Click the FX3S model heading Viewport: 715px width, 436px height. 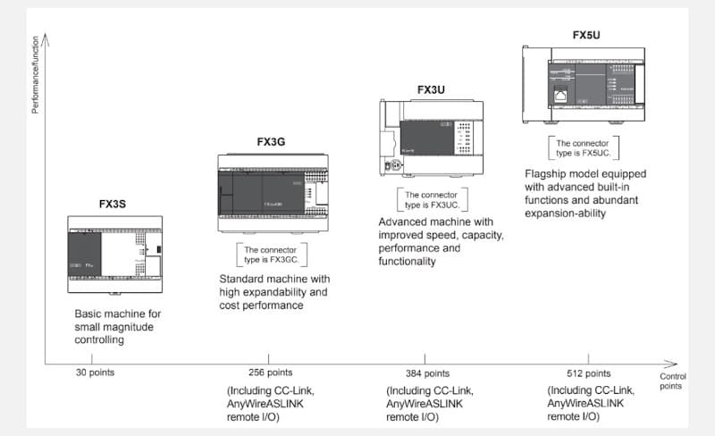pyautogui.click(x=113, y=204)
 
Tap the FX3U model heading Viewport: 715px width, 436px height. pyautogui.click(x=431, y=89)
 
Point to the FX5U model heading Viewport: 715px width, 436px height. pyautogui.click(x=586, y=35)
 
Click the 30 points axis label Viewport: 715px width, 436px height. pyautogui.click(x=95, y=373)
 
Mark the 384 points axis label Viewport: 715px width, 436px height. pyautogui.click(x=428, y=373)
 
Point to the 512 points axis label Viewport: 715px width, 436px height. pyautogui.click(x=588, y=373)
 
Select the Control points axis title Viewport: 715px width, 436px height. pyautogui.click(x=673, y=381)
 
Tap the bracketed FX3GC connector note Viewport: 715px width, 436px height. pyautogui.click(x=272, y=255)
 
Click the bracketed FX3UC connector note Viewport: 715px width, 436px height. pyautogui.click(x=433, y=199)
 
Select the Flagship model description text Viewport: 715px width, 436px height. pyautogui.click(x=585, y=193)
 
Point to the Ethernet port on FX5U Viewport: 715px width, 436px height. pyautogui.click(x=560, y=91)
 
